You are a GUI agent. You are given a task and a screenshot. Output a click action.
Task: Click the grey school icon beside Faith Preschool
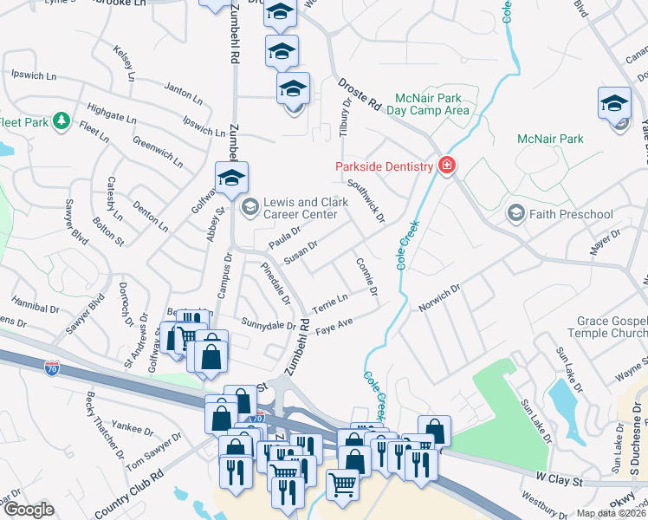(x=516, y=213)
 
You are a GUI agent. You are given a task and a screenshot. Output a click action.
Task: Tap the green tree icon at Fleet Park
(x=61, y=121)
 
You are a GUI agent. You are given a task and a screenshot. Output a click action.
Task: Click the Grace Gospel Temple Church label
(x=612, y=327)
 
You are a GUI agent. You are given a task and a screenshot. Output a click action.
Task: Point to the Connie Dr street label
(x=366, y=276)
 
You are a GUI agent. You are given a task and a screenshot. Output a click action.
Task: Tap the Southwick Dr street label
(x=366, y=201)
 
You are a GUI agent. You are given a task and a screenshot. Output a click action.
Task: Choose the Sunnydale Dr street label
(x=269, y=324)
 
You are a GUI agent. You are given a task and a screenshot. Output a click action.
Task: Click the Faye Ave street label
(x=334, y=327)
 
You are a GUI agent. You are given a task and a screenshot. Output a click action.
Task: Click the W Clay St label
(x=557, y=478)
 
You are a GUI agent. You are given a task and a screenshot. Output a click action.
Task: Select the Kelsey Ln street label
(x=125, y=65)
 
